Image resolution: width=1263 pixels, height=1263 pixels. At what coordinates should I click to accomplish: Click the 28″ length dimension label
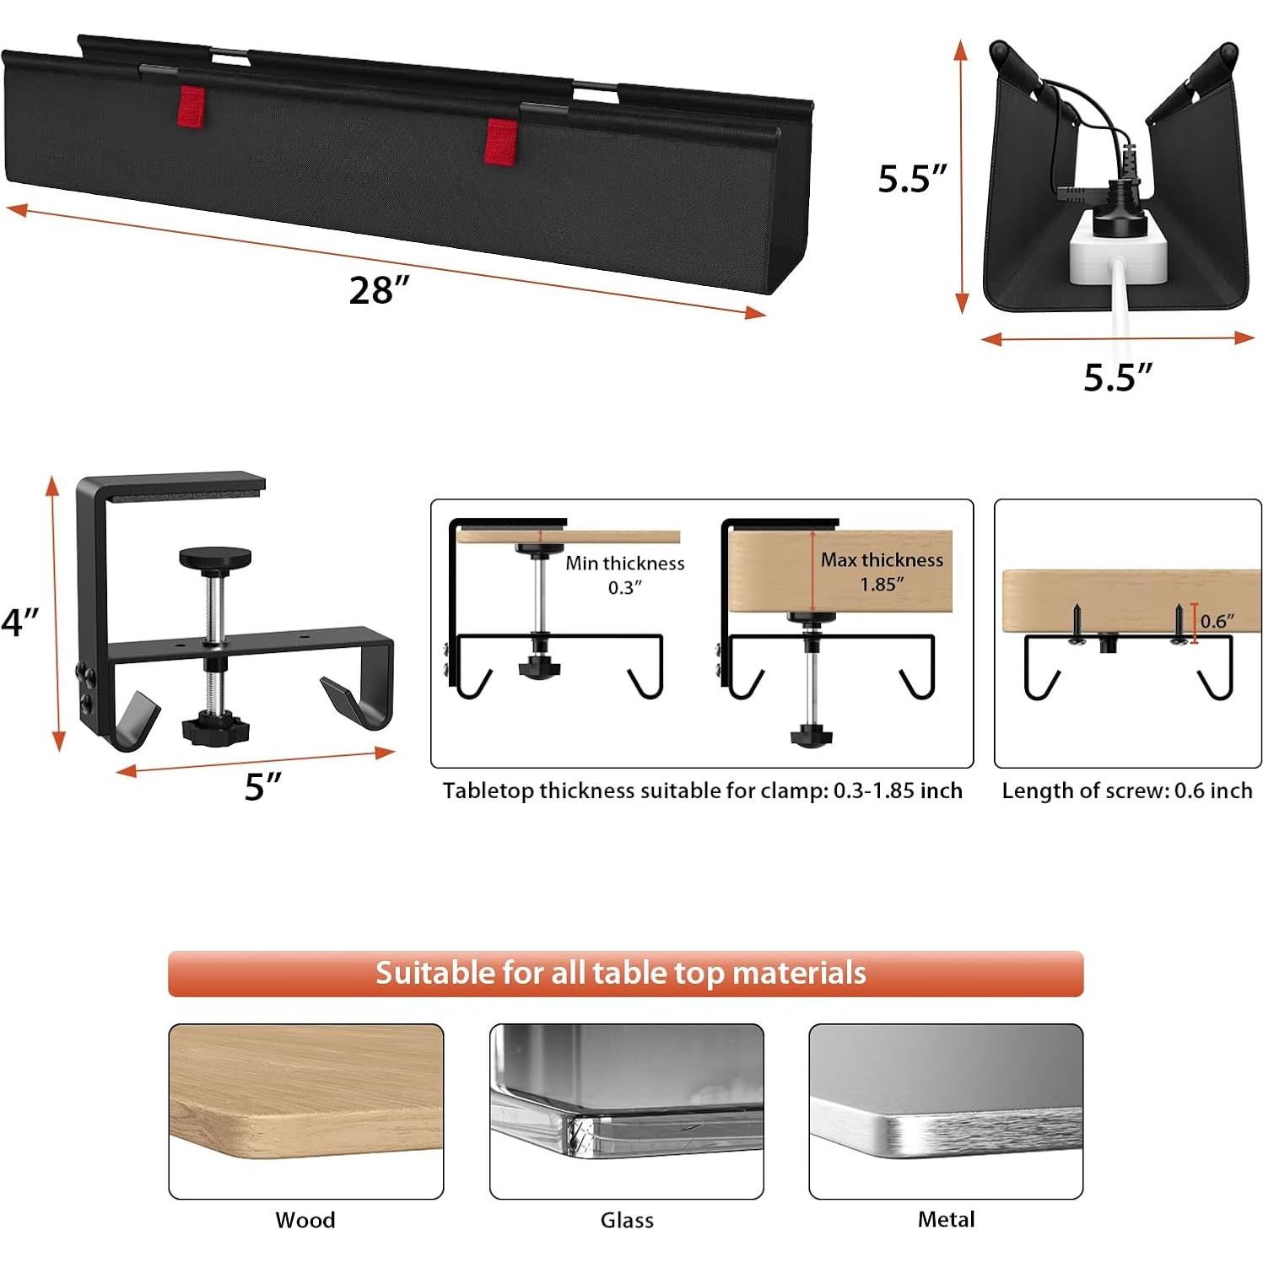tap(379, 290)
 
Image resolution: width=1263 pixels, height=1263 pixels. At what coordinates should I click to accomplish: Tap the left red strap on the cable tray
tap(190, 106)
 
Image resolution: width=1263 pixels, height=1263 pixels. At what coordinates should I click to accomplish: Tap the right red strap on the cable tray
tap(501, 142)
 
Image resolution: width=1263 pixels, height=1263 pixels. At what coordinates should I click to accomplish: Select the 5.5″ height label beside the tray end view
tap(912, 179)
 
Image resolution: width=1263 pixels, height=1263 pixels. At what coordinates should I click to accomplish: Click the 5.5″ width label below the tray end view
tap(1118, 377)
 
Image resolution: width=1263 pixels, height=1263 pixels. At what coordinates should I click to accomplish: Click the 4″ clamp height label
tap(20, 623)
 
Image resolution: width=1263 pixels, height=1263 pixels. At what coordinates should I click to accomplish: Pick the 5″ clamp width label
tap(262, 786)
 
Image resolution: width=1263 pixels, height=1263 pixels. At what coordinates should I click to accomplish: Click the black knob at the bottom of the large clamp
tap(215, 728)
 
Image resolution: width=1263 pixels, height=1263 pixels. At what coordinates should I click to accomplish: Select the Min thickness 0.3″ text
tap(625, 575)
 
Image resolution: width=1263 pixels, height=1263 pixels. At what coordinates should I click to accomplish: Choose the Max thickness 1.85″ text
tap(882, 571)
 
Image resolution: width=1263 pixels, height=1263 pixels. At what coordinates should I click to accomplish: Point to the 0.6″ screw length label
tap(1217, 621)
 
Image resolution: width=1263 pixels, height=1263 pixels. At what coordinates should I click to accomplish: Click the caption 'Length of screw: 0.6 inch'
tap(1126, 791)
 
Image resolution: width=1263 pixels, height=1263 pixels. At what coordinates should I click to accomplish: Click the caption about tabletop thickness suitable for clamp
tap(702, 791)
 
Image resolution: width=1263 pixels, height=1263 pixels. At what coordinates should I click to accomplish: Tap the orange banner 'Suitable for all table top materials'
tap(625, 973)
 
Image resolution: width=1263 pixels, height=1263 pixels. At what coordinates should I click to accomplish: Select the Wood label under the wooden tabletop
tap(305, 1219)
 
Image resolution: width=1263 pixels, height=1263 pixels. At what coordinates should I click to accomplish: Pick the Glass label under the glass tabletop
tap(627, 1219)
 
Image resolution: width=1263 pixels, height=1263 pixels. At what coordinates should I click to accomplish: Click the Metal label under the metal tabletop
tap(946, 1218)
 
